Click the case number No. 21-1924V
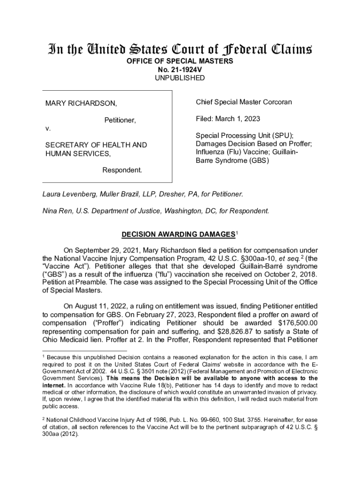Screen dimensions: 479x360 (180, 70)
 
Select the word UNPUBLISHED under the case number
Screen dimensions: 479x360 (180, 78)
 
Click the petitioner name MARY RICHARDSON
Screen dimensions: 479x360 (81, 103)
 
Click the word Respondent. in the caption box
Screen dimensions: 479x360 (122, 170)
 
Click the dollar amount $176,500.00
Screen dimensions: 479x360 (297, 322)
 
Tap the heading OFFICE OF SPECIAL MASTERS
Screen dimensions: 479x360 (180, 61)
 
